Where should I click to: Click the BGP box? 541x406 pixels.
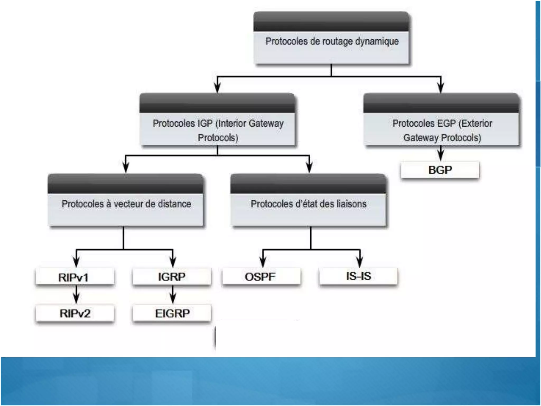coord(440,170)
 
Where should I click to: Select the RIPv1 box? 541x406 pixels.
coord(75,277)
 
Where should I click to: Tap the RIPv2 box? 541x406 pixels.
coord(75,313)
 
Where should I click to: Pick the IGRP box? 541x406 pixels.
coord(172,277)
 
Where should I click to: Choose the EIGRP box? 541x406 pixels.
coord(172,313)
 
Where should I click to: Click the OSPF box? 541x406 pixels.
coord(261,277)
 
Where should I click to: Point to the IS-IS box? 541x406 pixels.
coord(358,276)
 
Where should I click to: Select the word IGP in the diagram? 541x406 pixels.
coord(205,123)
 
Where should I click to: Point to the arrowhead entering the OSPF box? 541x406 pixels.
coord(263,262)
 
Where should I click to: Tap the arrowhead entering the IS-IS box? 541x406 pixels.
coord(360,262)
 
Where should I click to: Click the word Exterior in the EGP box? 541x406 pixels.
coord(475,123)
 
